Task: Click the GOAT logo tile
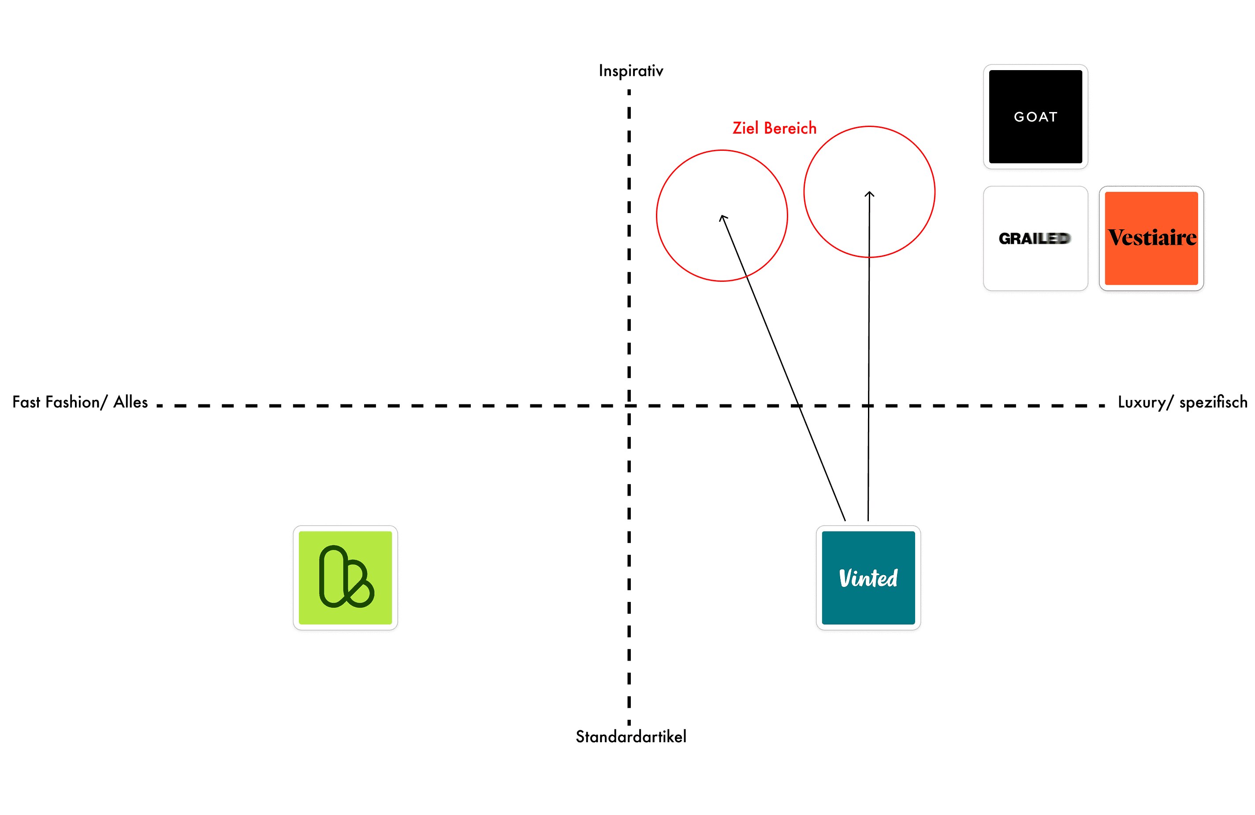[1035, 116]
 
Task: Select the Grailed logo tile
[1035, 239]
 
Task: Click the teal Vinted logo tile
[868, 578]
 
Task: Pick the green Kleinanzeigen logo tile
[346, 578]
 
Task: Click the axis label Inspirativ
[631, 71]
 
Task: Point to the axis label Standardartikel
[631, 736]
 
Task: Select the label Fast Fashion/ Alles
[80, 402]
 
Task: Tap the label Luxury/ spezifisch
[1182, 402]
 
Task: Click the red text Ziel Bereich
[775, 127]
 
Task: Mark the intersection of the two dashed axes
[629, 405]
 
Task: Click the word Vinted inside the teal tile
[868, 578]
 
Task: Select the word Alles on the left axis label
[131, 402]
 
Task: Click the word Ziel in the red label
[745, 127]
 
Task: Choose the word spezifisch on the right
[1213, 402]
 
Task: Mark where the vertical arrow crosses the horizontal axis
[868, 405]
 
